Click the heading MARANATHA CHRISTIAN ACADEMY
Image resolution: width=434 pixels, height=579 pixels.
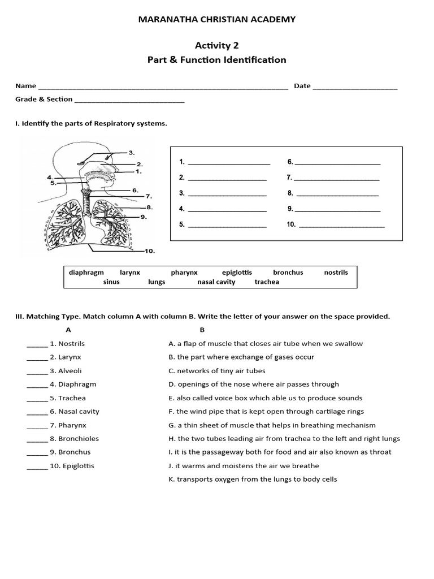[217, 20]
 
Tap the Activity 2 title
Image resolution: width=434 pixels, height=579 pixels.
[217, 45]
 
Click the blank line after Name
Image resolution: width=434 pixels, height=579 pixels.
[163, 87]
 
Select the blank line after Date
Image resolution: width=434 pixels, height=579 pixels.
[355, 87]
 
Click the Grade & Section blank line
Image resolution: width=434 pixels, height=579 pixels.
[129, 101]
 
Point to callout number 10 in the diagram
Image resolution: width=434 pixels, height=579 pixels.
[149, 250]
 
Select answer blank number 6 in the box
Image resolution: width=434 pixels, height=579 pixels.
[337, 163]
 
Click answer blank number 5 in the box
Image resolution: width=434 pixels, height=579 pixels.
[227, 225]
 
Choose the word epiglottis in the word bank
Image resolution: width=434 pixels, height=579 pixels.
[237, 273]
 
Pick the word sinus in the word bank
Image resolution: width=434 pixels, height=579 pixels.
[111, 282]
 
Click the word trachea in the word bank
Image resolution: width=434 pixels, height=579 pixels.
[267, 282]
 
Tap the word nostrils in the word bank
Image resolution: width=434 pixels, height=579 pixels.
[336, 273]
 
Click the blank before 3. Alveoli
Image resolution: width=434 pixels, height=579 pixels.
[37, 371]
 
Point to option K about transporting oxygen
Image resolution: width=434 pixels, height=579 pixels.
[253, 479]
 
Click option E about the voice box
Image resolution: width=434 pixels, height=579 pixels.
[265, 398]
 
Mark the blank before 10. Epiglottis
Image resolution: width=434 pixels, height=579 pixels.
[37, 466]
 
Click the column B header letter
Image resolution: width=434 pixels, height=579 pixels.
[202, 330]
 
